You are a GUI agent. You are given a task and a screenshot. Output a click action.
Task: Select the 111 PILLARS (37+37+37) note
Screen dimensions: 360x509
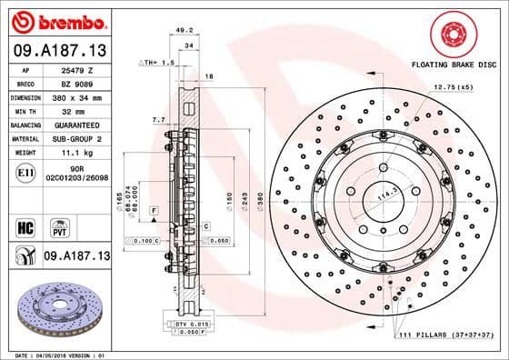tap(446, 336)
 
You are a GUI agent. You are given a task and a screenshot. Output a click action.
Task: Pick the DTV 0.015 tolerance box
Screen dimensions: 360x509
tap(185, 324)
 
